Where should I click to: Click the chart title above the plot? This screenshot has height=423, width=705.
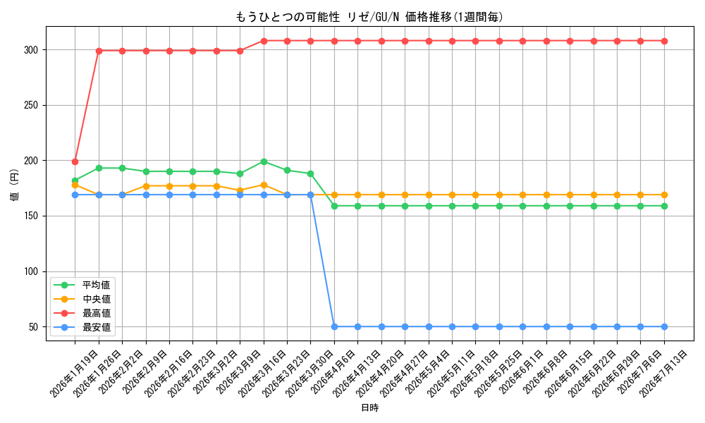point(369,17)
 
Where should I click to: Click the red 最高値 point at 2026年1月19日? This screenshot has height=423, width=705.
point(75,162)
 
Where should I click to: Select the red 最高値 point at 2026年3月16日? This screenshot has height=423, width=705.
point(264,41)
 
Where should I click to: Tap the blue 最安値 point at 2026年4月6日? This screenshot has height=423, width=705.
point(334,327)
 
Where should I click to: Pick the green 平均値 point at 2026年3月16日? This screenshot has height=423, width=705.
point(264,162)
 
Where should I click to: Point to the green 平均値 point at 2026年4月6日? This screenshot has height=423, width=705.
point(334,207)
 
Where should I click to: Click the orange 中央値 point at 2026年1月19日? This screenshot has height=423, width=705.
point(75,185)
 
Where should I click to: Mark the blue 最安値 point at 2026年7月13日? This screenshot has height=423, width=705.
point(664,327)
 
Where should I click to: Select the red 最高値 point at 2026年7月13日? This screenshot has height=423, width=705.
point(664,41)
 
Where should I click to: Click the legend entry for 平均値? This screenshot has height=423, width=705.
point(82,285)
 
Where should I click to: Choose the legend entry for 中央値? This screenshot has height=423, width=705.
point(82,300)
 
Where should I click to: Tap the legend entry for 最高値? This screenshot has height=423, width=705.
point(82,313)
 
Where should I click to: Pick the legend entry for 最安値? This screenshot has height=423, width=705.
point(82,327)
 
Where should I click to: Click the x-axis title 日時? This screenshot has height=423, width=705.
point(369,407)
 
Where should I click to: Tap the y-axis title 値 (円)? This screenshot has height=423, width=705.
point(15,184)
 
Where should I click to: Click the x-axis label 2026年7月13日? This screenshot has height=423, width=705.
point(663,374)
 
